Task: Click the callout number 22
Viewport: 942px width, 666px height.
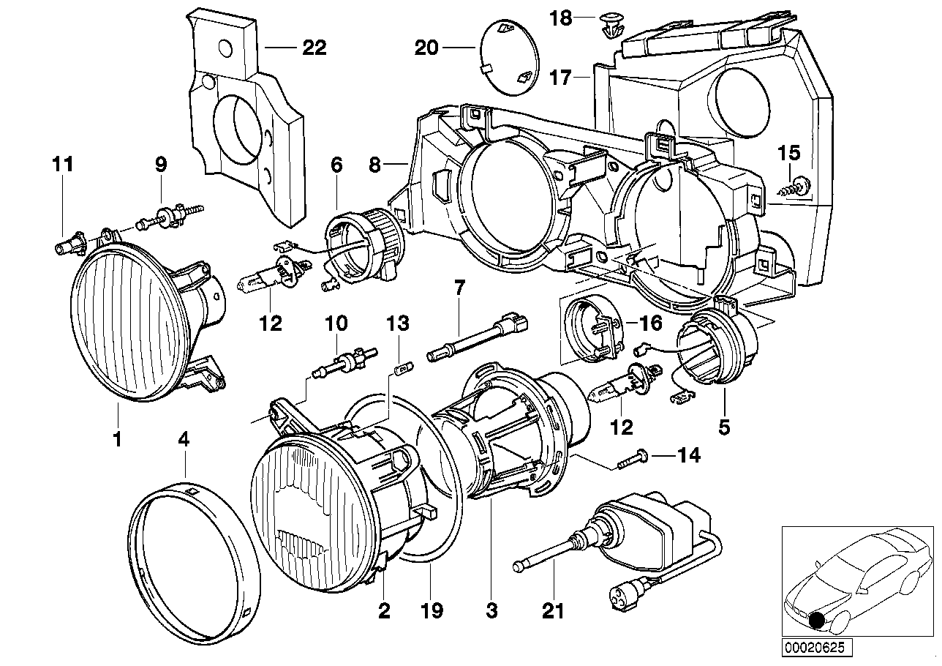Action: click(314, 48)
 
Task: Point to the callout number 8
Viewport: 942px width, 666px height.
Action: click(374, 165)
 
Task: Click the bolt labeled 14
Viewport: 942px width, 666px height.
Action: click(632, 458)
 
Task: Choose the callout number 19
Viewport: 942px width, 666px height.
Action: click(432, 610)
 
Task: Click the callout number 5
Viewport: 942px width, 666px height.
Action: click(724, 425)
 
